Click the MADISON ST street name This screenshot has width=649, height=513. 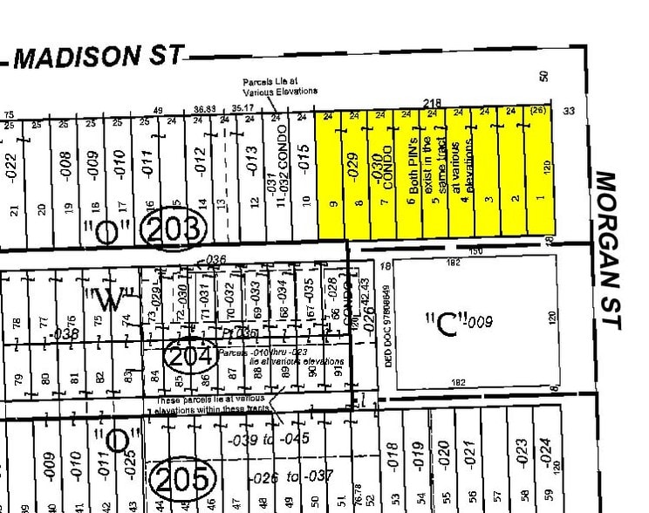(99, 58)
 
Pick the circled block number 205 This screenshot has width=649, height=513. (182, 479)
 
